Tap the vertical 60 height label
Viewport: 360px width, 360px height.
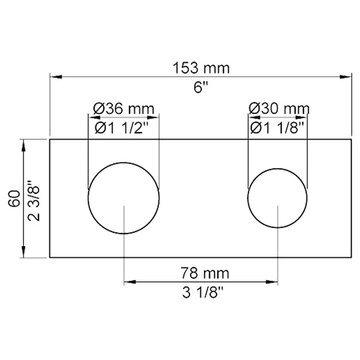(13, 199)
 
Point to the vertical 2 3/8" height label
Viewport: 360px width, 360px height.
(34, 199)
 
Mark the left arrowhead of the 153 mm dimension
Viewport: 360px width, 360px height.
(54, 77)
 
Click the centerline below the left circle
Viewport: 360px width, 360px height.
(124, 252)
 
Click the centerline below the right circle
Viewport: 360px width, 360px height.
(277, 252)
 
